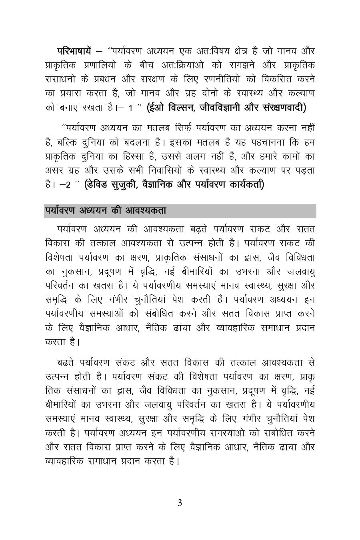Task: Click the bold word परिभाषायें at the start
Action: coord(74,52)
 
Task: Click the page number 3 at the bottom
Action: coord(180,503)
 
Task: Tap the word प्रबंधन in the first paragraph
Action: coord(109,79)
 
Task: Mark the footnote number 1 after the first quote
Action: coord(131,108)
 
